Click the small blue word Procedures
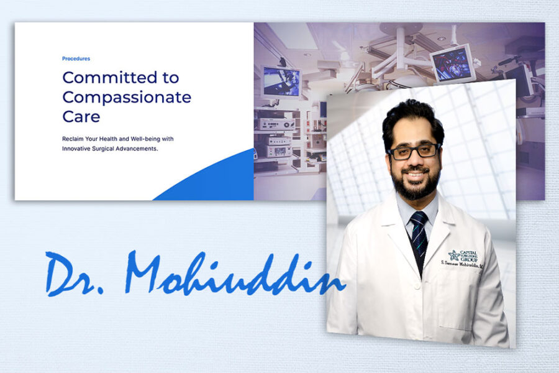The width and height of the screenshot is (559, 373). (76, 58)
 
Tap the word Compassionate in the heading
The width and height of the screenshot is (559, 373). (127, 98)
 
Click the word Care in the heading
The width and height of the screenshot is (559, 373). (81, 117)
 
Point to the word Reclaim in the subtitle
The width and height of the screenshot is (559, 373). (75, 138)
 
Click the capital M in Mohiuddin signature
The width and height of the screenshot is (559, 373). (149, 270)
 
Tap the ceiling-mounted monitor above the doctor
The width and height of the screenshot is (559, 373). (452, 62)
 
